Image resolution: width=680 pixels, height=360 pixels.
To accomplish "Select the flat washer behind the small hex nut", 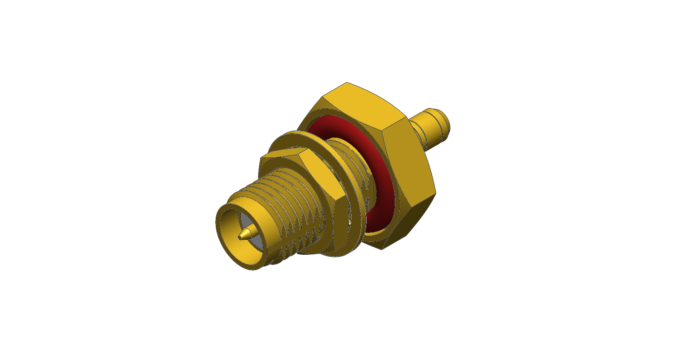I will pyautogui.click(x=283, y=139).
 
